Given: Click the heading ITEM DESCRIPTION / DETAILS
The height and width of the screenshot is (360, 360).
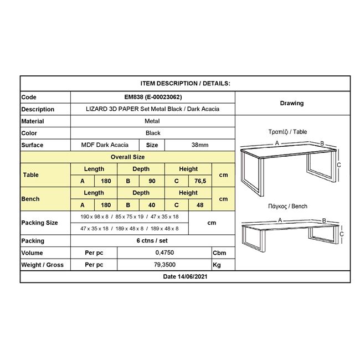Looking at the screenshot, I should (x=185, y=83).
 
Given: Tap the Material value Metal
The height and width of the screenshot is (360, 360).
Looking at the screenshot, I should (x=152, y=121).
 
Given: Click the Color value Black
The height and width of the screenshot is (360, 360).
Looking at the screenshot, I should (x=153, y=133).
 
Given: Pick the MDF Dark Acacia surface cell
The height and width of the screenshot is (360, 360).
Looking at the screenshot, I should (x=105, y=145).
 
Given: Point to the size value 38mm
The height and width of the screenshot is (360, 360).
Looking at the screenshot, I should (x=199, y=145).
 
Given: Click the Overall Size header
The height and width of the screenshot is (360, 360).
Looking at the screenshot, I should (x=127, y=157).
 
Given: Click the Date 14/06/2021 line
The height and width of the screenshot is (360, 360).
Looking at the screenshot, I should (x=185, y=276).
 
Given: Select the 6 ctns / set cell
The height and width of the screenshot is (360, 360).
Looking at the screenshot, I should (x=153, y=241).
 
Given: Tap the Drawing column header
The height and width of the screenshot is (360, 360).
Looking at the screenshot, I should (x=292, y=103).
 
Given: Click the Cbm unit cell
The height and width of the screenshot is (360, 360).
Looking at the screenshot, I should (x=219, y=253).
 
